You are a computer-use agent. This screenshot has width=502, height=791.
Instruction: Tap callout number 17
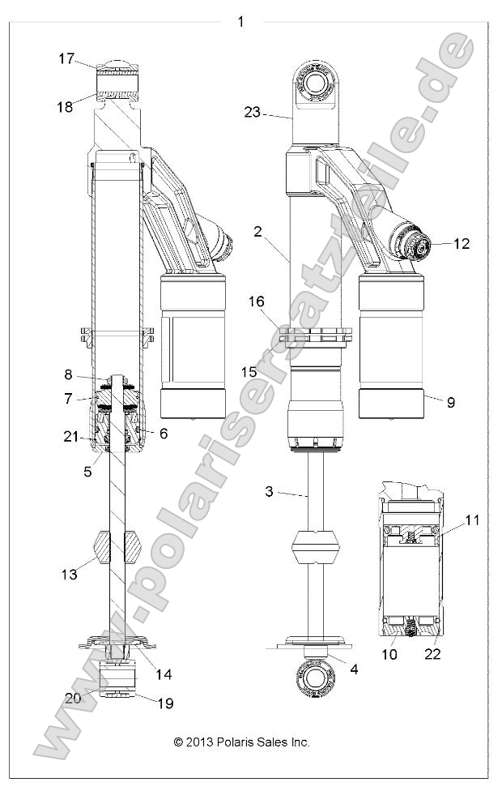pyautogui.click(x=66, y=58)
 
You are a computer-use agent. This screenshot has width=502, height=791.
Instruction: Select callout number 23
pyautogui.click(x=252, y=113)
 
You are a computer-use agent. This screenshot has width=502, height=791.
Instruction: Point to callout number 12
pyautogui.click(x=462, y=243)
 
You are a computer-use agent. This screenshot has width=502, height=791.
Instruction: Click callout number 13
pyautogui.click(x=69, y=574)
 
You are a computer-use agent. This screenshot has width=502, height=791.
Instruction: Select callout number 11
pyautogui.click(x=472, y=520)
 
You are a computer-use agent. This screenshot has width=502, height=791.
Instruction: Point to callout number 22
pyautogui.click(x=433, y=653)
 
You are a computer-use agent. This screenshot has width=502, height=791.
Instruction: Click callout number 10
pyautogui.click(x=389, y=653)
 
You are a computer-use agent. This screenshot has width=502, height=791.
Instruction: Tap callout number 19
pyautogui.click(x=164, y=703)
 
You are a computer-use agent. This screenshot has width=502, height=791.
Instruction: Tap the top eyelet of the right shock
pyautogui.click(x=314, y=84)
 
